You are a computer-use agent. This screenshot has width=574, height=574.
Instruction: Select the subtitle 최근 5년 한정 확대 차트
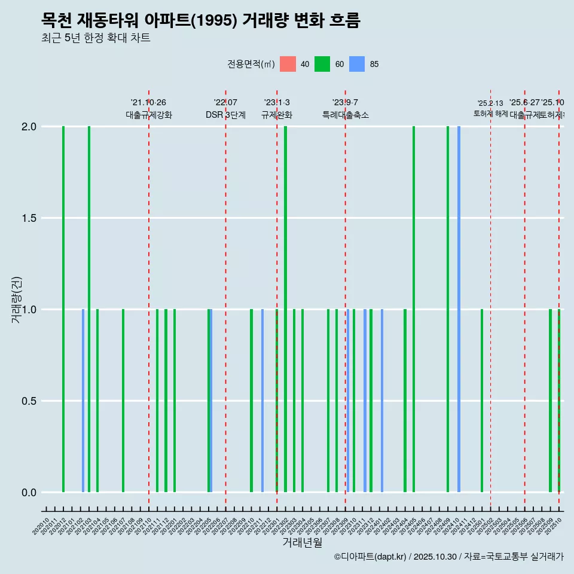point(96,38)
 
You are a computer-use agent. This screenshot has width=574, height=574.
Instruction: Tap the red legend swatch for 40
point(288,64)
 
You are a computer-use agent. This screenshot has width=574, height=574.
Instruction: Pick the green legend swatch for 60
point(322,64)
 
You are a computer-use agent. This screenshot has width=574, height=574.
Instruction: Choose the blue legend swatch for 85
point(357,64)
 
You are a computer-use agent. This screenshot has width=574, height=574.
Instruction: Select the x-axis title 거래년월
point(302,542)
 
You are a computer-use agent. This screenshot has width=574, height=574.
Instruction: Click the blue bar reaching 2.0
point(459,309)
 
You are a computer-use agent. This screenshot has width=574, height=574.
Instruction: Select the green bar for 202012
point(63,309)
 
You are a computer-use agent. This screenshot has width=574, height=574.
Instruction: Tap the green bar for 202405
point(414,309)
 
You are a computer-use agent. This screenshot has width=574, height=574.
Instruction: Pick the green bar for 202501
point(482,401)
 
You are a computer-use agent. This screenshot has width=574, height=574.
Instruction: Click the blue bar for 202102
point(83,401)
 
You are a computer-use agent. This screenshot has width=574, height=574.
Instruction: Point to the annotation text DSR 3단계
point(225,115)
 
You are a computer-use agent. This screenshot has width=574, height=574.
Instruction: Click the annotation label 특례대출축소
point(345,115)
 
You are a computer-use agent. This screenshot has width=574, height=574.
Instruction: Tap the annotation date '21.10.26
point(148,102)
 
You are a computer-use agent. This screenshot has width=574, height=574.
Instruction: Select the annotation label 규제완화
point(276,115)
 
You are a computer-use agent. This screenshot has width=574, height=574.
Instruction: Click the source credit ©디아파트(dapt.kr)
point(371,557)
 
